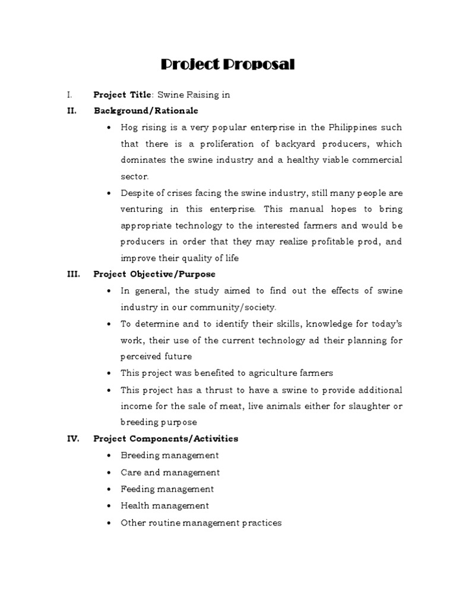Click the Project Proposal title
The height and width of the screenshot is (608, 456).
pos(228,65)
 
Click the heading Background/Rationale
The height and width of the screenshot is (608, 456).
pos(145,111)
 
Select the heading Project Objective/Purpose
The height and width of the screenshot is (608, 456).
pos(154,274)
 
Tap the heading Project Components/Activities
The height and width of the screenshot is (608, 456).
pos(166,439)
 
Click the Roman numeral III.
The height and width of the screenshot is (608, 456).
pos(72,274)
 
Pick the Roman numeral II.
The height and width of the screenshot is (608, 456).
pos(71,111)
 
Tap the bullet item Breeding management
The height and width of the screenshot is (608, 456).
pos(170,455)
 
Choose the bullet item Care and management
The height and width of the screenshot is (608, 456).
pos(170,473)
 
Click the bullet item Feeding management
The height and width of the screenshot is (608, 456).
pos(167,489)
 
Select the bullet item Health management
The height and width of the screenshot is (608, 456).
pos(164,506)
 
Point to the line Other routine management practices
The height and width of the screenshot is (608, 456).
pos(201,523)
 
